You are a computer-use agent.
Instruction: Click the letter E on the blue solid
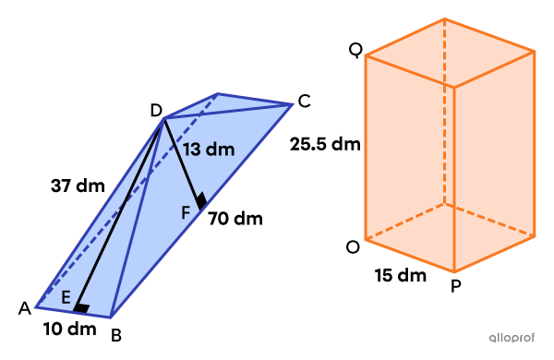coord(66,297)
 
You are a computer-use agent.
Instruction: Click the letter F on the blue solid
coord(186,211)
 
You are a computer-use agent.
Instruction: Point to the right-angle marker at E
coord(82,308)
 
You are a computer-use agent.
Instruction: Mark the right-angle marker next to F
coord(199,200)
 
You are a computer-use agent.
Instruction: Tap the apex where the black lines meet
coord(164,117)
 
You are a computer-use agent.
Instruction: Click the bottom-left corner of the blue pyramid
coord(37,307)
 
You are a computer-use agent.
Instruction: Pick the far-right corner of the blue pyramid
coord(293,104)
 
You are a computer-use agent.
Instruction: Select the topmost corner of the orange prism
coord(444,18)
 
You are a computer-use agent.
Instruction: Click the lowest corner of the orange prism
coord(453,271)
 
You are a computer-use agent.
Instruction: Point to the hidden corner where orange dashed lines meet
coord(444,203)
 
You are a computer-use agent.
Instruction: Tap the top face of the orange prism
coord(450,53)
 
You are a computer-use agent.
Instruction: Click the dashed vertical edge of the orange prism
coord(444,111)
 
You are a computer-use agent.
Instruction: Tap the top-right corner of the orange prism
coord(535,52)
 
